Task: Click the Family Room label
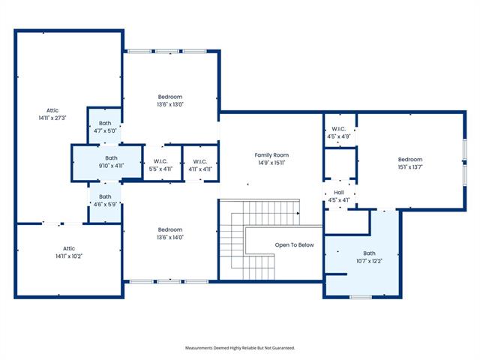click(271, 155)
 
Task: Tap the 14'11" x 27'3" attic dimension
click(52, 118)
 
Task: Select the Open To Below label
click(294, 245)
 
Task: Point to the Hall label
click(338, 192)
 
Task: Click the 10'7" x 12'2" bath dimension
click(369, 261)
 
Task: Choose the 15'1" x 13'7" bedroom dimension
click(410, 167)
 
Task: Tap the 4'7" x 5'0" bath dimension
click(105, 131)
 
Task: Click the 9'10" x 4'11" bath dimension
click(111, 166)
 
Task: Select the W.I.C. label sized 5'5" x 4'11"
click(160, 161)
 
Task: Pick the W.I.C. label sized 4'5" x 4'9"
click(338, 129)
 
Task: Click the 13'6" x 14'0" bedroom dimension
click(170, 237)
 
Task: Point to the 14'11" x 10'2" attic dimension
click(69, 256)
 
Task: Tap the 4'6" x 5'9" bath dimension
click(105, 204)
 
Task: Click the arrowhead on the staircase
click(298, 213)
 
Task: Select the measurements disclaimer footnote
click(240, 348)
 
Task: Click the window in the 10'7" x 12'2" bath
click(361, 297)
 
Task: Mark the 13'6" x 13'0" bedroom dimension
click(170, 104)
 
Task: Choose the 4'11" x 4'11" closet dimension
click(200, 169)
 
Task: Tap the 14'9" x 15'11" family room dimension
click(271, 163)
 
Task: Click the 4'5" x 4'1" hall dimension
click(338, 200)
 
